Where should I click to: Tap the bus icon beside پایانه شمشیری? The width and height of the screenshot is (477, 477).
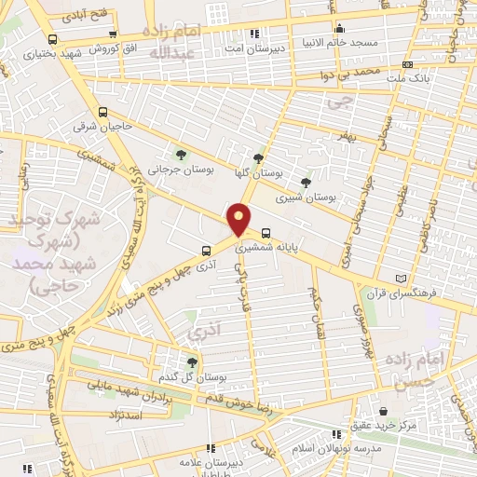pos(267,234)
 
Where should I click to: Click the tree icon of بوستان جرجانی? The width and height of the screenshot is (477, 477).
pos(181,155)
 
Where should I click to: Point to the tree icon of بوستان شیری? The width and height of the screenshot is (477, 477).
pos(307,182)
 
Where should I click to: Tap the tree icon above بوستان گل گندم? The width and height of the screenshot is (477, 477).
pos(192,361)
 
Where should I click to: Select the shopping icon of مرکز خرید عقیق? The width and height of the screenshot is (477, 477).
pos(383,410)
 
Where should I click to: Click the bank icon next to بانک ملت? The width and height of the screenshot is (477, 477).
pos(407,64)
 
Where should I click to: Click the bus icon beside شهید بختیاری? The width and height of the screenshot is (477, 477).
pos(51,39)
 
